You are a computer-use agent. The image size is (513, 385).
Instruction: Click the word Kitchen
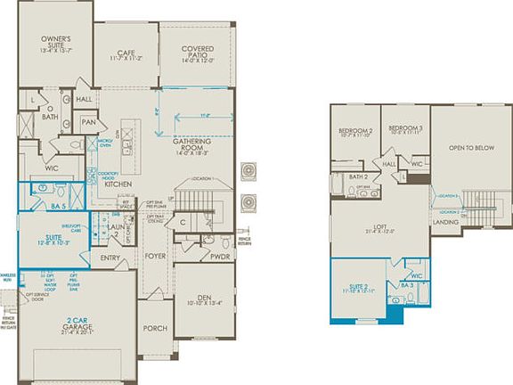click(119, 184)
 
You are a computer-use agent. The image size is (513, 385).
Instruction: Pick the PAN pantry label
click(88, 122)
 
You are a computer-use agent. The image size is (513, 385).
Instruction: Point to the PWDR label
click(221, 255)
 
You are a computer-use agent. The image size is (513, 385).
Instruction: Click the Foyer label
click(156, 255)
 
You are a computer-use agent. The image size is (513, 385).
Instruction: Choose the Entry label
click(111, 259)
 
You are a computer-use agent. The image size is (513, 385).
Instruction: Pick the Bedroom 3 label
click(404, 129)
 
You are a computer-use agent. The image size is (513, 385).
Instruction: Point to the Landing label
click(445, 222)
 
